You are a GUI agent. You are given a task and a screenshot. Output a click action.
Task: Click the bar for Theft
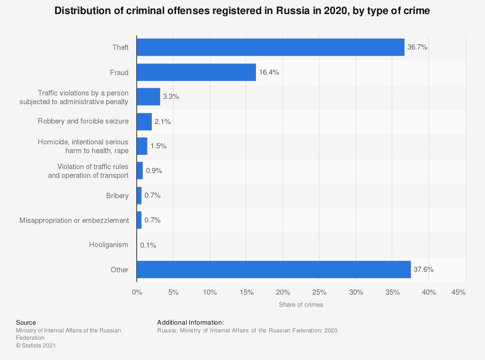pyautogui.click(x=270, y=47)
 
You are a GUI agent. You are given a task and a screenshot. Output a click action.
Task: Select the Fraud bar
pyautogui.click(x=196, y=72)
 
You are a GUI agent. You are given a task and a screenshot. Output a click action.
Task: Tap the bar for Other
pyautogui.click(x=274, y=269)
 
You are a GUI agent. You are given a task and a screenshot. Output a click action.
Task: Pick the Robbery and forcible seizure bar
pyautogui.click(x=144, y=122)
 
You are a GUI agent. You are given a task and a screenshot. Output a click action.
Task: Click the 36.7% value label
pyautogui.click(x=417, y=47)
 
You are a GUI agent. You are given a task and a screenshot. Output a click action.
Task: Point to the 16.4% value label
pyautogui.click(x=269, y=72)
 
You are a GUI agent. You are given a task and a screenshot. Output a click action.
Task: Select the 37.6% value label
pyautogui.click(x=423, y=269)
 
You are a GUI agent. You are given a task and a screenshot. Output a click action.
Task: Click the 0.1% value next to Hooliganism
pyautogui.click(x=148, y=245)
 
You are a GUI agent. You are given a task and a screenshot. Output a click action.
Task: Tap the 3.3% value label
pyautogui.click(x=171, y=97)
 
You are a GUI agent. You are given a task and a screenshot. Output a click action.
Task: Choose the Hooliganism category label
pyautogui.click(x=109, y=245)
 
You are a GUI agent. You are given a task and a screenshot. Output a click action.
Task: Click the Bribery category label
pyautogui.click(x=117, y=196)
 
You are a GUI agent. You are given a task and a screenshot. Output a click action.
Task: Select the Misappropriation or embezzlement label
pyautogui.click(x=74, y=220)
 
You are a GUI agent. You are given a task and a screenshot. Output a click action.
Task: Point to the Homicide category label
pyautogui.click(x=83, y=146)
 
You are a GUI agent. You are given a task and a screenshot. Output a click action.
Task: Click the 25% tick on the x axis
pyautogui.click(x=319, y=292)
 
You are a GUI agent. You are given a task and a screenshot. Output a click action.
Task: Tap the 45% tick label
pyautogui.click(x=458, y=292)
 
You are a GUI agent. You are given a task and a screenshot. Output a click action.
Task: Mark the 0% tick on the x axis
pyautogui.click(x=137, y=292)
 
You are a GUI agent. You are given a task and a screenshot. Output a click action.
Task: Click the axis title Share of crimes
pyautogui.click(x=301, y=305)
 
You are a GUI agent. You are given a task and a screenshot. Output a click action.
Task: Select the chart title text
pyautogui.click(x=242, y=11)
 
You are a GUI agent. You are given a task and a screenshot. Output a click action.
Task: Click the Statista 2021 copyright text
pyautogui.click(x=36, y=345)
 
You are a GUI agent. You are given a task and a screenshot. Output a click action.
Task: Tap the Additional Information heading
pyautogui.click(x=190, y=322)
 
